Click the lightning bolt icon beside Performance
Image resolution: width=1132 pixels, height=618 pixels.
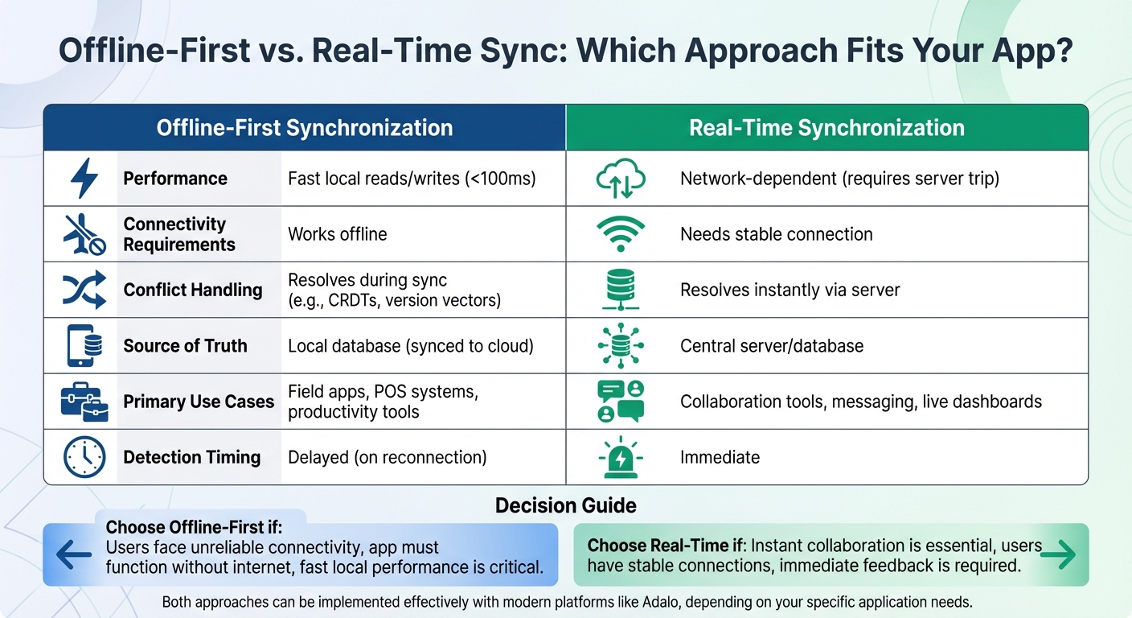coord(84,179)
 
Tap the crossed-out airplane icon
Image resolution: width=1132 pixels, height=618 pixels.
coord(84,234)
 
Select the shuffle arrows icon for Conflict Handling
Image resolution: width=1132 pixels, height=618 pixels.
coord(84,290)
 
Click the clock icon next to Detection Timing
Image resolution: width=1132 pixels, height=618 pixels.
coord(84,457)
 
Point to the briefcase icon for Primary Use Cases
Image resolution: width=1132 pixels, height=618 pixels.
coord(84,401)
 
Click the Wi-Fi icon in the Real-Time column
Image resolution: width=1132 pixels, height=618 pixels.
coord(620,234)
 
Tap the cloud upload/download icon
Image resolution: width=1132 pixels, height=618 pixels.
coord(620,179)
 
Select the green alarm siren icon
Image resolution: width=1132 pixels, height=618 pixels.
coord(620,458)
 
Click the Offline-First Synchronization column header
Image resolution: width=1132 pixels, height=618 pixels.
coord(304,128)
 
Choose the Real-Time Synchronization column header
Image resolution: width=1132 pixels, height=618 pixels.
coord(826,128)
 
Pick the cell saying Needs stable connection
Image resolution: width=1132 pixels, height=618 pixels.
coord(776,234)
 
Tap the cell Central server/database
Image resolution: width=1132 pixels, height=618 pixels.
coord(771,346)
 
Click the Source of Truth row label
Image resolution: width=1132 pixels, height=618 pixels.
coord(185,346)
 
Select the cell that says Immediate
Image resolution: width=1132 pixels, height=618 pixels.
coord(720,458)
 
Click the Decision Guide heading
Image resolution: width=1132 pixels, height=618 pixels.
coord(565,505)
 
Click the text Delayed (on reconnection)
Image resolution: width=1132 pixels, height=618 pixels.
coord(387,458)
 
